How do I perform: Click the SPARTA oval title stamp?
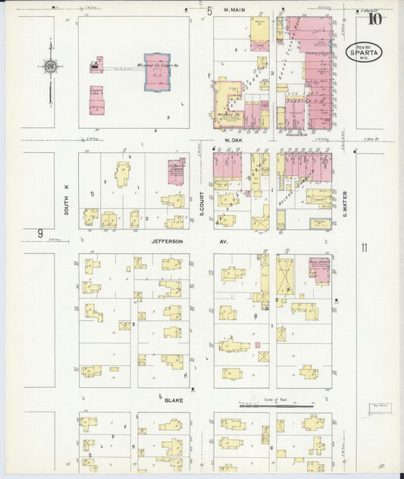tap(364, 52)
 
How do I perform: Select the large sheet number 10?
tap(374, 19)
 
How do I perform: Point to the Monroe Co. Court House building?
tap(158, 71)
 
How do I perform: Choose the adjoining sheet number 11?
tap(364, 247)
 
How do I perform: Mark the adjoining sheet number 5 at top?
tap(210, 11)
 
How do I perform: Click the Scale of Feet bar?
tap(277, 406)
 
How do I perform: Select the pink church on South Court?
tap(176, 170)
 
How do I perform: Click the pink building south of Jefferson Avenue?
tap(318, 269)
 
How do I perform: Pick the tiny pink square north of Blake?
tap(258, 345)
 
